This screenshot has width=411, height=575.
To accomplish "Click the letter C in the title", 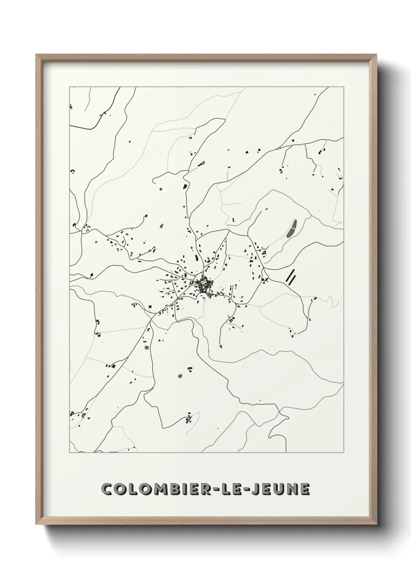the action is (106, 490).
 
